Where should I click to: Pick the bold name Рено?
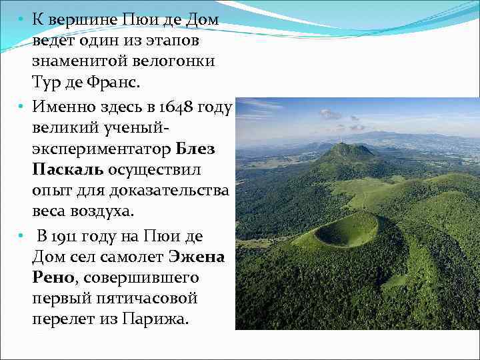(x=54, y=277)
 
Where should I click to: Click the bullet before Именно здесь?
(x=21, y=105)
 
